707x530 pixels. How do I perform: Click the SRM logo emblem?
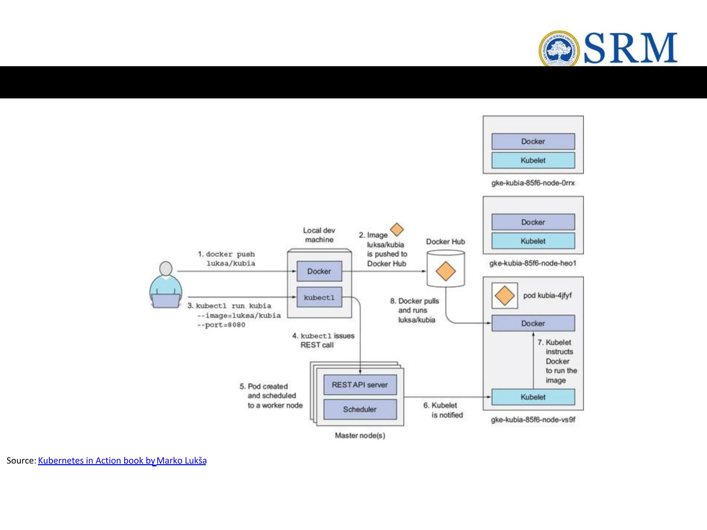coord(559,49)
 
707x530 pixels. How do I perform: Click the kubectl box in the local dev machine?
coord(319,297)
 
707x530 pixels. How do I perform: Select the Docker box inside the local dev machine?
coord(319,271)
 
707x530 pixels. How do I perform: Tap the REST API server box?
coord(360,385)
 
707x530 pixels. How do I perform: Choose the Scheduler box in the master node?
coord(360,409)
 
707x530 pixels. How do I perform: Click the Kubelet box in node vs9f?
coord(533,397)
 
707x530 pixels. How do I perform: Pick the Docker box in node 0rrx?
coord(533,141)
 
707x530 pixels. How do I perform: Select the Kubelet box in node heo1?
coord(533,241)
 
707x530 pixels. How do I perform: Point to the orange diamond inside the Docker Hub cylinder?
coord(446,271)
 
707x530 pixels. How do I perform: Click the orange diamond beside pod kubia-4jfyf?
coord(504,296)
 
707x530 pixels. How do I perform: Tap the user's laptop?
coord(166,301)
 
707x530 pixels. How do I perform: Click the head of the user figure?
coord(166,268)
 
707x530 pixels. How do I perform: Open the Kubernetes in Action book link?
coord(122,461)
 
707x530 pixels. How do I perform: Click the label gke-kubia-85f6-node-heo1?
coord(533,263)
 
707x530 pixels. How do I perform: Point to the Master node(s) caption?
coord(360,435)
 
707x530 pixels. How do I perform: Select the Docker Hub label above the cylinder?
coord(445,242)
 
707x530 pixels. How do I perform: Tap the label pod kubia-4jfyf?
coord(547,295)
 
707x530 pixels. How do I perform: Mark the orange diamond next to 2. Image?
coord(397,229)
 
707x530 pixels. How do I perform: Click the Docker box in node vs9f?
coord(533,323)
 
